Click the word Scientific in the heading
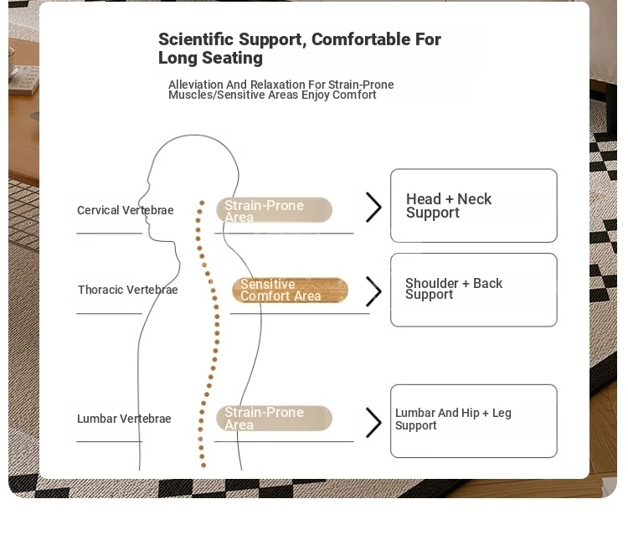[x=196, y=39]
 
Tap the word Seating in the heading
[x=232, y=58]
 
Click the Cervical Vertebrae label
[x=126, y=210]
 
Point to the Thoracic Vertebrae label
[x=128, y=290]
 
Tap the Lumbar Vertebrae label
[x=124, y=419]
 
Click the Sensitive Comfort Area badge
[x=290, y=290]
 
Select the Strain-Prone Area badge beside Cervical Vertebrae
[x=275, y=210]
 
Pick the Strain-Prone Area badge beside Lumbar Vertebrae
[x=275, y=418]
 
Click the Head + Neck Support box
[x=474, y=205]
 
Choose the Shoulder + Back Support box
[x=474, y=290]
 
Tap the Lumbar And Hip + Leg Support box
[x=474, y=421]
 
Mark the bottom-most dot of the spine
[x=203, y=466]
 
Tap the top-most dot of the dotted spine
[x=202, y=203]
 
